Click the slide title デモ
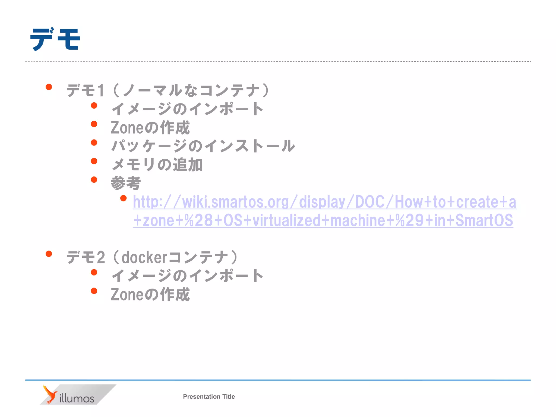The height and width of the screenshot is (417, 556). tap(55, 39)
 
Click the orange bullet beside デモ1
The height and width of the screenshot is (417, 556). tap(49, 87)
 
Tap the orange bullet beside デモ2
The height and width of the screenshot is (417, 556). tap(49, 254)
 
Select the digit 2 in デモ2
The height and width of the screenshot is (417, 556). tap(100, 257)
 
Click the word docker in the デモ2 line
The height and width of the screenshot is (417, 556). tap(144, 257)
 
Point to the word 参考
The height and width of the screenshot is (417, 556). tap(126, 183)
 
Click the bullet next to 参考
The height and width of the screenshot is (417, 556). tap(94, 180)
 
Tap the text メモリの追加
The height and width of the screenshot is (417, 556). tap(157, 165)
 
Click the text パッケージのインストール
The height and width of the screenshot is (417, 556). tap(203, 146)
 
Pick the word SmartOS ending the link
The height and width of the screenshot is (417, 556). tap(484, 220)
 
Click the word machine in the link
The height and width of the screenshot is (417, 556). tap(358, 220)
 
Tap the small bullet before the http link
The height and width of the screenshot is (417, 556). tap(124, 198)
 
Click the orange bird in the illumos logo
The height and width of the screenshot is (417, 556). tap(50, 394)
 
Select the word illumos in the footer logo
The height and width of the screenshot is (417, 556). tap(77, 399)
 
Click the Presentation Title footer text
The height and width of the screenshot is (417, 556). tap(209, 397)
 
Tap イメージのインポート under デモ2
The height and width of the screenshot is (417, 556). tap(187, 276)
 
